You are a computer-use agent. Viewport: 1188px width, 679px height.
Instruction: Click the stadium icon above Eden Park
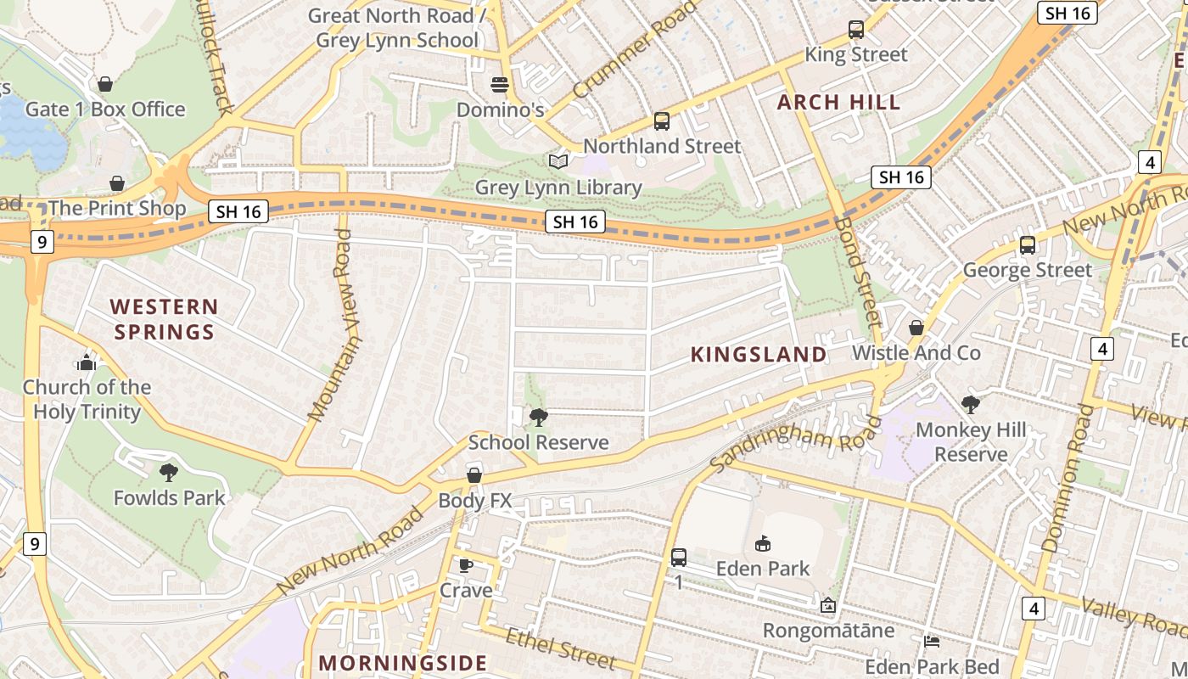(x=763, y=543)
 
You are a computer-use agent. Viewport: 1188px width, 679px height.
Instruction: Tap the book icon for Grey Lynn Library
(x=558, y=161)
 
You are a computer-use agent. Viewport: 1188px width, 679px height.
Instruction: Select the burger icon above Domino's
(x=500, y=85)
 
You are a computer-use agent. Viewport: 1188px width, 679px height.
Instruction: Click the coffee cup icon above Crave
(x=465, y=565)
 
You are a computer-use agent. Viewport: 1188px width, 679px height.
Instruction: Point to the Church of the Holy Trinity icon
(x=87, y=362)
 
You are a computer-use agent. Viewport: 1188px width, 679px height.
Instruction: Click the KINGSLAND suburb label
(x=759, y=355)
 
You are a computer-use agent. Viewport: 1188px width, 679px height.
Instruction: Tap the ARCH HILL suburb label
(x=838, y=103)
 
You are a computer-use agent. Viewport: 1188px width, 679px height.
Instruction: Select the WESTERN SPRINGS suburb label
(x=164, y=319)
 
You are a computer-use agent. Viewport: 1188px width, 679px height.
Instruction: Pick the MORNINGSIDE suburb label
(x=403, y=663)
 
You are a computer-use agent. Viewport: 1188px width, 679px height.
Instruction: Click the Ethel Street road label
(x=560, y=648)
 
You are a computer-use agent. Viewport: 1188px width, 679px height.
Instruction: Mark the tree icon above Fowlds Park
(x=169, y=473)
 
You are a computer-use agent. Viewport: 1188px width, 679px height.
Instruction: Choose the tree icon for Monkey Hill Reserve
(x=971, y=405)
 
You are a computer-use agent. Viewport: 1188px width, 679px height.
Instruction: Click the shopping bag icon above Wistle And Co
(x=916, y=328)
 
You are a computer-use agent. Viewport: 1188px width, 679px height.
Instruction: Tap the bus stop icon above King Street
(x=856, y=30)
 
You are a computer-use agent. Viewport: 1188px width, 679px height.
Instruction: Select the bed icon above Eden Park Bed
(x=932, y=641)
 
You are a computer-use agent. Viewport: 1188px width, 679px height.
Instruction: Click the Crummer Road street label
(x=635, y=50)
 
